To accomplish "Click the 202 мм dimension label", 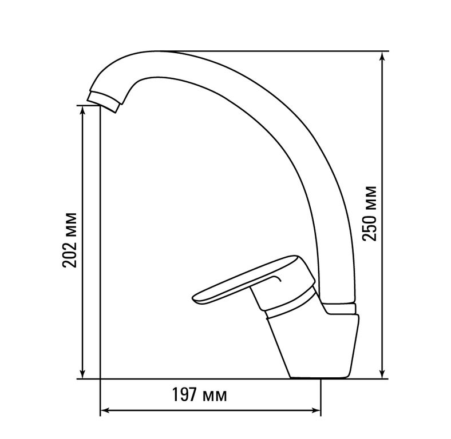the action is click(70, 240).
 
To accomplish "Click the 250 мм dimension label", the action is click(370, 214).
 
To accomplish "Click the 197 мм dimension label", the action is click(199, 395).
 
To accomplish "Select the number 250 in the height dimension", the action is click(370, 227).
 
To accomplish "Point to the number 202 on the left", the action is click(70, 254).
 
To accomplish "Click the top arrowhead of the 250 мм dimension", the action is click(382, 57).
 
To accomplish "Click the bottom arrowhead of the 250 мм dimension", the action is click(382, 373).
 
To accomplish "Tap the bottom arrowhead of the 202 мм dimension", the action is click(82, 373).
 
